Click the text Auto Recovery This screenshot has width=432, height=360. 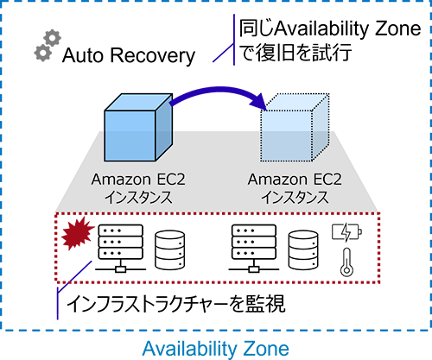coord(128,57)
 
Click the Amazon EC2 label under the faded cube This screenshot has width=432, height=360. coord(290,180)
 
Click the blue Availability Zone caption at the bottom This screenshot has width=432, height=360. coord(216,347)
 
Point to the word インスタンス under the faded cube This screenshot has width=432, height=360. coord(290,198)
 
